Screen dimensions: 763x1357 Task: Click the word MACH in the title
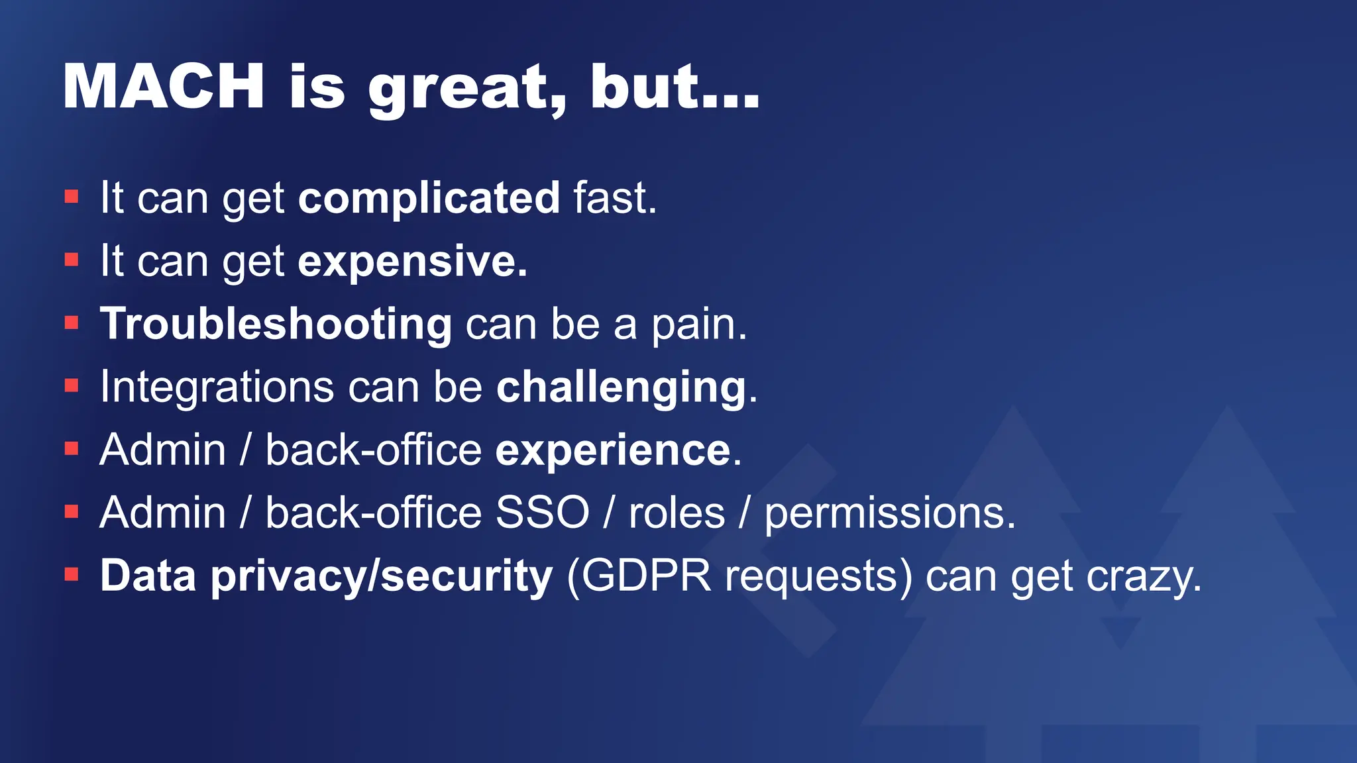click(x=164, y=86)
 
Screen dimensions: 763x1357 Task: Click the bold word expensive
click(x=412, y=262)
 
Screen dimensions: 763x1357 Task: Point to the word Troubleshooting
click(x=276, y=325)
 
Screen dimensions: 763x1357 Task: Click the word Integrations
click(x=217, y=387)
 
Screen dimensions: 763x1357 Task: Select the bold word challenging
click(x=622, y=387)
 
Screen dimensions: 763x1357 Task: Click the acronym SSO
click(x=542, y=513)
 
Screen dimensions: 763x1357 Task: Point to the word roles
click(x=677, y=513)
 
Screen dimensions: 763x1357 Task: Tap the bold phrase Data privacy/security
click(x=326, y=576)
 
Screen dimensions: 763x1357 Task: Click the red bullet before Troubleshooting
click(x=72, y=323)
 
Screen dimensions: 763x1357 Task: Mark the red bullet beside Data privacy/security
click(x=72, y=575)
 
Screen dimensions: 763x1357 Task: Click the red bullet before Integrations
click(x=72, y=386)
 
